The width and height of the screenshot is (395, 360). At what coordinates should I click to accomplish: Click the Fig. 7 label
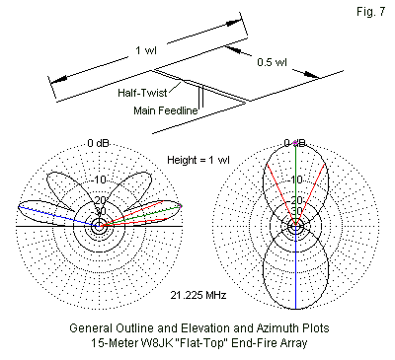(370, 12)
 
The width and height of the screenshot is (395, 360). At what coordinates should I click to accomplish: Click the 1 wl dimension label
(146, 50)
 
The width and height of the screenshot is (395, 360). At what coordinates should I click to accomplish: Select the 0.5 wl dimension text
(272, 62)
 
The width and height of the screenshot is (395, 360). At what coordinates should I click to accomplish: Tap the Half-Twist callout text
(142, 93)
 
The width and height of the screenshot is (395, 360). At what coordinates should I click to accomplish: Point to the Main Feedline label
(166, 110)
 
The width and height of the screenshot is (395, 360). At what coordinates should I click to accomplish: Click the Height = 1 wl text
(198, 160)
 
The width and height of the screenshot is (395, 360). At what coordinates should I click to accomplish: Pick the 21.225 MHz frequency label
(198, 295)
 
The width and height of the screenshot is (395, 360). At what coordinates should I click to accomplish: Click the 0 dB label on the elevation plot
(98, 143)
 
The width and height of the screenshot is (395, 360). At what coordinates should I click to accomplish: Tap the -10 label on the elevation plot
(99, 180)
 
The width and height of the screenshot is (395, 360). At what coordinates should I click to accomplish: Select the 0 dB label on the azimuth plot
(295, 143)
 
